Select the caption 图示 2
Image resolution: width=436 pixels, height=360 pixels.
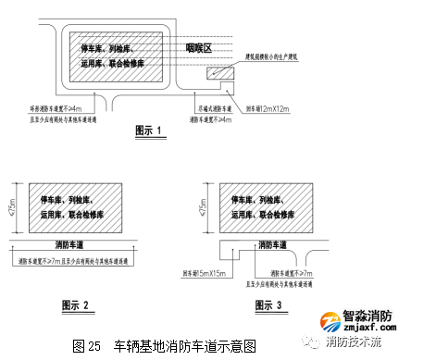pos(73,304)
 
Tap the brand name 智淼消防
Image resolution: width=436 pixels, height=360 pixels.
pos(369,315)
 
